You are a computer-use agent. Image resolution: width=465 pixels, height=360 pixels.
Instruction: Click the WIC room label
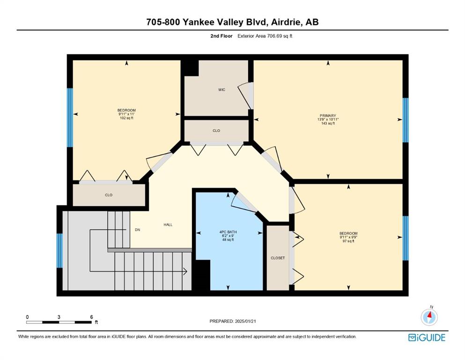click(x=221, y=90)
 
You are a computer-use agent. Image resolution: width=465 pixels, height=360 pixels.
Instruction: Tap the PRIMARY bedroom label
click(x=328, y=115)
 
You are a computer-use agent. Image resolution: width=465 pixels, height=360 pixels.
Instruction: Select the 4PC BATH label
click(x=228, y=232)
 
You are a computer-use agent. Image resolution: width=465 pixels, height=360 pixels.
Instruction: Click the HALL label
click(x=168, y=225)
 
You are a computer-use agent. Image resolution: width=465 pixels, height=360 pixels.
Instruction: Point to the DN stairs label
click(x=137, y=230)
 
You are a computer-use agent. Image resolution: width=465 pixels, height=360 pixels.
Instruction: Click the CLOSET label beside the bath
click(x=278, y=258)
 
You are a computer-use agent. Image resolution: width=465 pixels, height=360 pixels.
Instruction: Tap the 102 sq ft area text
click(x=126, y=118)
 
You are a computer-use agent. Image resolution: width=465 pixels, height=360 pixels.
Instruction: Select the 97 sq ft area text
click(x=348, y=241)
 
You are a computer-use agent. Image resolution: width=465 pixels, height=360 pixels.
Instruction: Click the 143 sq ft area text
click(x=328, y=123)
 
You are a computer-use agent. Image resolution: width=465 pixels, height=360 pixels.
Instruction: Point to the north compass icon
click(x=429, y=316)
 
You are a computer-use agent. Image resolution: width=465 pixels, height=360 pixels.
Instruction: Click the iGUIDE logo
click(x=427, y=337)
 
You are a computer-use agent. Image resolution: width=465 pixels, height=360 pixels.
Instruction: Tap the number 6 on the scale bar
click(x=91, y=317)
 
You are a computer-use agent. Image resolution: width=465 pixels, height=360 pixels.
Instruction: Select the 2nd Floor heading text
click(x=221, y=36)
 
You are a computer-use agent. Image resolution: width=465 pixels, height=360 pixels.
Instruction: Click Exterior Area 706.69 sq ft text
click(x=265, y=36)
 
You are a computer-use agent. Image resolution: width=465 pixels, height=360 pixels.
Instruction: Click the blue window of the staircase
click(x=59, y=250)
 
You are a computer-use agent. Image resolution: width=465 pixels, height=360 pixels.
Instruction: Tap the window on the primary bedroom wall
click(x=406, y=120)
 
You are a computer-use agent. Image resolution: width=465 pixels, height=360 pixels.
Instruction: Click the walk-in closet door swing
click(x=246, y=96)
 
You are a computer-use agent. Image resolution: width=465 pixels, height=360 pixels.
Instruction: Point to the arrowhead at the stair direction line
click(x=185, y=271)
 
